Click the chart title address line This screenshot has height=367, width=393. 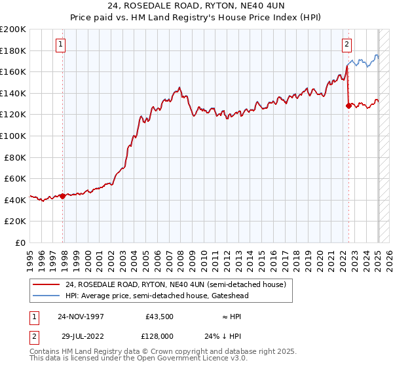coord(196,7)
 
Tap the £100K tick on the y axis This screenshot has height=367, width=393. coord(13,136)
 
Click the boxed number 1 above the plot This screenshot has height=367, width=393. coord(60,45)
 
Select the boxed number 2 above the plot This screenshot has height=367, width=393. coord(346,45)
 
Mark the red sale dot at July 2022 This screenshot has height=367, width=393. coord(348,106)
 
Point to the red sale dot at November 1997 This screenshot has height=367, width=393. coord(63,196)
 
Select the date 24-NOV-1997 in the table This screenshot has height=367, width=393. coord(81,317)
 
